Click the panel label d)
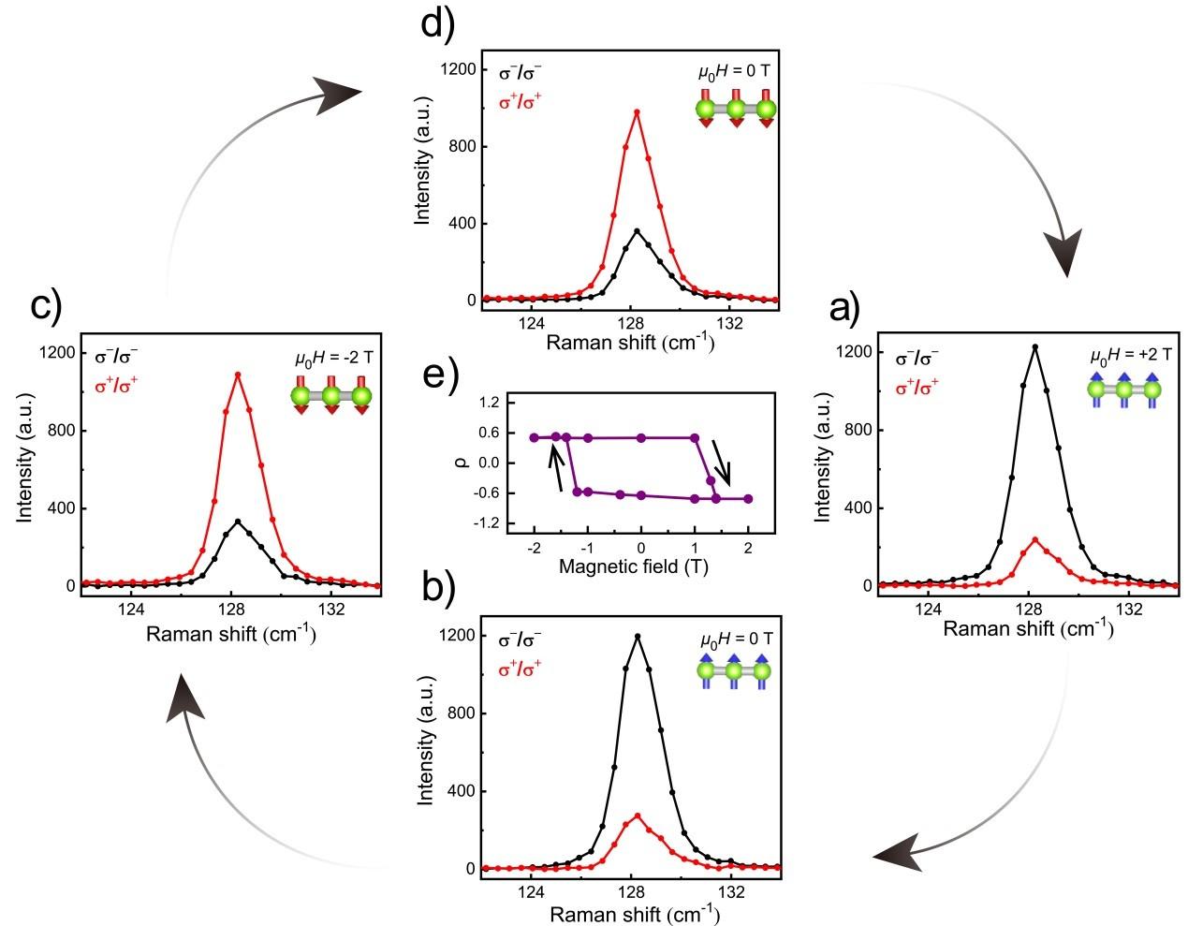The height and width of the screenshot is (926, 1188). pos(437,22)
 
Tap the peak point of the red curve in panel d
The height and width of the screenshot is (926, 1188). pos(637,112)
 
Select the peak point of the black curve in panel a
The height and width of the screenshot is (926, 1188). pos(1034,346)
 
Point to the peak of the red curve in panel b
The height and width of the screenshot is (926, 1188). pos(638,816)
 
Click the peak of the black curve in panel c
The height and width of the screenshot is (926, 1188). pos(238,522)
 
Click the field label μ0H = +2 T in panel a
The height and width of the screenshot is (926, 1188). pos(1131,356)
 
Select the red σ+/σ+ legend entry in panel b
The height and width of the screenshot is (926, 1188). pos(521,669)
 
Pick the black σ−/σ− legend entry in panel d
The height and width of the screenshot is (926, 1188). pos(521,72)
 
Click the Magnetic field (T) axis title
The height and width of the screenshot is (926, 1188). pos(640,566)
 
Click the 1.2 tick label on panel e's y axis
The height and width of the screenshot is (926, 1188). pos(489,403)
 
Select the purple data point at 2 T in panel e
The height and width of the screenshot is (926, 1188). pos(748,499)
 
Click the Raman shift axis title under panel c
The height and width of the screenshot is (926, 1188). pos(230,634)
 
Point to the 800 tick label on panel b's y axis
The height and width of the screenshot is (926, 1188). pos(456,713)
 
